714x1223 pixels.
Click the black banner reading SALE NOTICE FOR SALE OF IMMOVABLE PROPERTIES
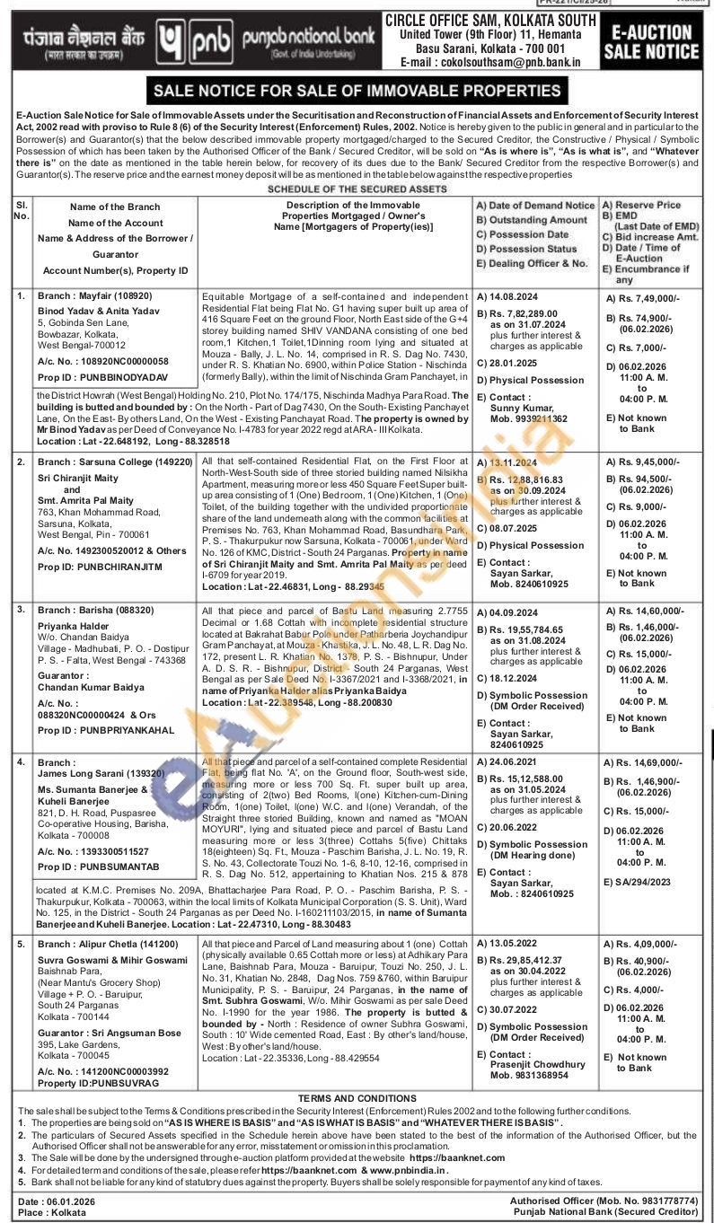(x=357, y=91)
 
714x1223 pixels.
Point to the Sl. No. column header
(x=22, y=211)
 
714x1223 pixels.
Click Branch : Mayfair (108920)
(x=95, y=295)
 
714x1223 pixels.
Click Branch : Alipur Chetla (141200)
(x=108, y=944)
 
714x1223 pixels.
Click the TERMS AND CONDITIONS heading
(x=357, y=1098)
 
